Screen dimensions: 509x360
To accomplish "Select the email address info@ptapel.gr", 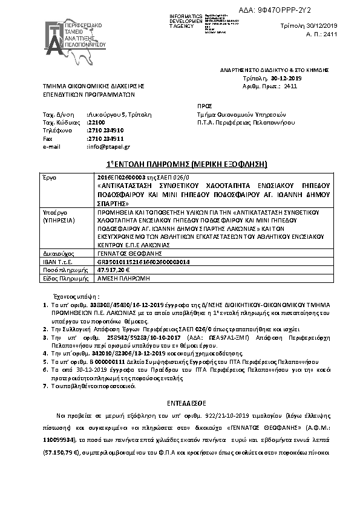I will pyautogui.click(x=109, y=146).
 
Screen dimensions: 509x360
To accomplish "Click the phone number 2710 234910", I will pyautogui.click(x=106, y=130).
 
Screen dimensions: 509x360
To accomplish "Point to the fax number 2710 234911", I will pyautogui.click(x=106, y=138).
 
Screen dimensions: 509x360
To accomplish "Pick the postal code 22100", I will pyautogui.click(x=96, y=122).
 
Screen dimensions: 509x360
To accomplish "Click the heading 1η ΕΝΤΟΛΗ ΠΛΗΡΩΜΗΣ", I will pyautogui.click(x=179, y=164).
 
